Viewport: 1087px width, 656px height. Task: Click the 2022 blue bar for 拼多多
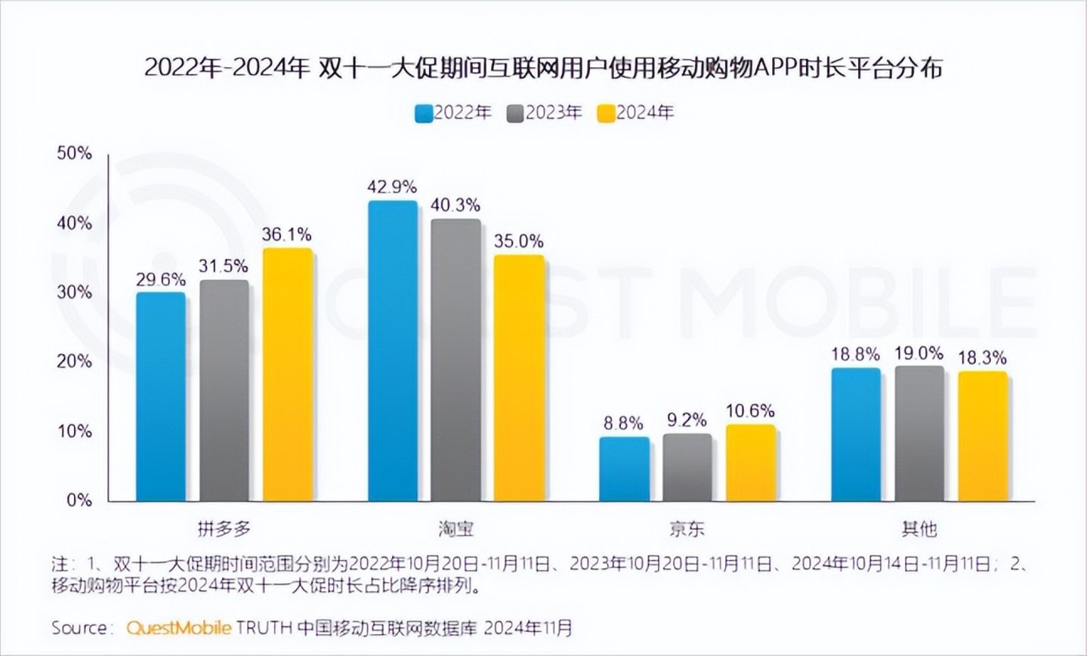tap(160, 396)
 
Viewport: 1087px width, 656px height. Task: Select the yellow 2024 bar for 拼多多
tap(287, 374)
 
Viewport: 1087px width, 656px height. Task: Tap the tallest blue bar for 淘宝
tap(392, 350)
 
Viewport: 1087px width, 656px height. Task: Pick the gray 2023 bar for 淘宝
tap(455, 359)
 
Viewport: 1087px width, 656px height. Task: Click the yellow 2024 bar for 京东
tap(750, 463)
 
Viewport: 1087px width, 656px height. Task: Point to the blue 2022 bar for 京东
tap(624, 469)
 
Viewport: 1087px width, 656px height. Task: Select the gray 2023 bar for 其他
tap(919, 433)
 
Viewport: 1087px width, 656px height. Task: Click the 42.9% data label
tap(392, 186)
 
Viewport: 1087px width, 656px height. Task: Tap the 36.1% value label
tap(287, 235)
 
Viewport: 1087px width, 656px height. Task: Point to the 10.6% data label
tap(750, 411)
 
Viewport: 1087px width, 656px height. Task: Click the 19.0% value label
tap(919, 353)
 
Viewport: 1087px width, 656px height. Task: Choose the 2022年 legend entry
tap(454, 113)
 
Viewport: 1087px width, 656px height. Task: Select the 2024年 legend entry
tap(636, 113)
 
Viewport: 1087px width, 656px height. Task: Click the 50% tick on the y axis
tap(75, 153)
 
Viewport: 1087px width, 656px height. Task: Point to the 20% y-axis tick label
tap(75, 362)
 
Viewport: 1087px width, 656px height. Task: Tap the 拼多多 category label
tap(224, 528)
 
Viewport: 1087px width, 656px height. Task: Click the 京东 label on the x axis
tap(687, 528)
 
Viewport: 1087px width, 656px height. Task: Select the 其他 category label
tap(919, 528)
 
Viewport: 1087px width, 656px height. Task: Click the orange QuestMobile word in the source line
tap(178, 628)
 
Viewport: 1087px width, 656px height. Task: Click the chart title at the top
tap(543, 68)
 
